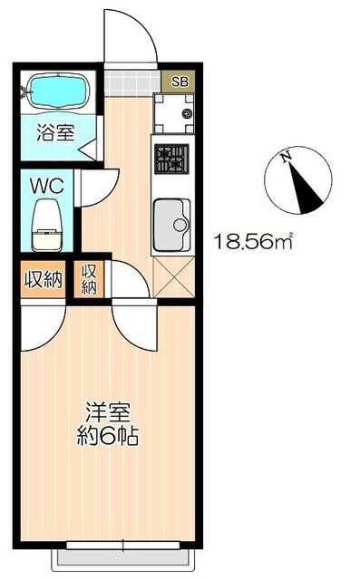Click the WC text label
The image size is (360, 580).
coord(44,186)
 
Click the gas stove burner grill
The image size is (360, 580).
coord(169,159)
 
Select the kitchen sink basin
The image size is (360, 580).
coord(170,222)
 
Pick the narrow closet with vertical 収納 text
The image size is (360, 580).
coord(90,277)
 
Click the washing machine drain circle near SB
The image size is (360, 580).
coord(187,114)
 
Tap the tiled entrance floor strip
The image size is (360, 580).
coord(131,80)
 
